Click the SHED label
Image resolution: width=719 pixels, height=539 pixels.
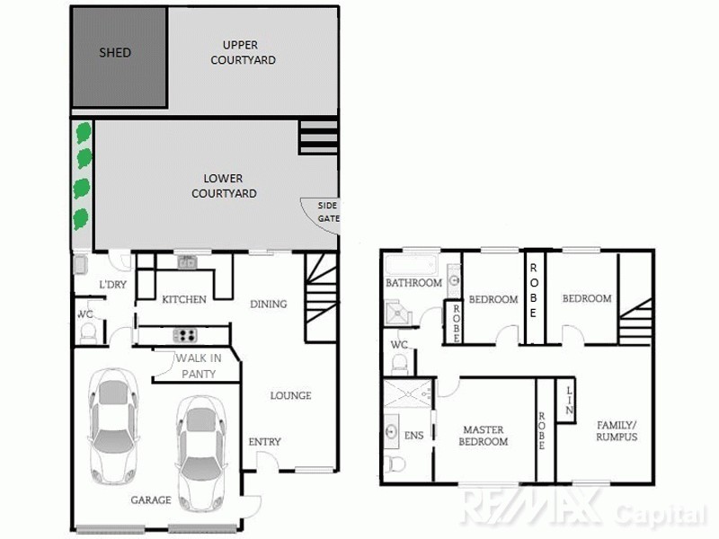coord(114,53)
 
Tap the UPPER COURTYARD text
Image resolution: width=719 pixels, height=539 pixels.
coord(243,53)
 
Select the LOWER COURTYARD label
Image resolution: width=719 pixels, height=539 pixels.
coord(224,186)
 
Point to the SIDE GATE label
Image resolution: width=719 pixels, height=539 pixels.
coord(328,212)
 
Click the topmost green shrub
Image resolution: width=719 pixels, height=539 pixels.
coord(84,132)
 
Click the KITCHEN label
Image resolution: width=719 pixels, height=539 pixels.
coord(183,299)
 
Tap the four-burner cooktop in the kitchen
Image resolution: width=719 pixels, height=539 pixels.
coord(185,335)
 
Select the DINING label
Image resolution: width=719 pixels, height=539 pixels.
coord(268,304)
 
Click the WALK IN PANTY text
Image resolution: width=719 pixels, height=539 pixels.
coord(198,367)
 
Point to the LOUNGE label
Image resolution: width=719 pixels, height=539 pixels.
coord(290,395)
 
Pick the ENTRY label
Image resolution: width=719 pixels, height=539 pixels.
coord(264,441)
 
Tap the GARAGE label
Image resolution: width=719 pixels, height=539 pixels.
coord(151,499)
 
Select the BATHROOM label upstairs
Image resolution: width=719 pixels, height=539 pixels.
coord(413,283)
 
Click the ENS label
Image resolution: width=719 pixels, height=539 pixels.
coord(413,436)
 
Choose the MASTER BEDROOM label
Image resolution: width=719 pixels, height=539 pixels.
coord(484,436)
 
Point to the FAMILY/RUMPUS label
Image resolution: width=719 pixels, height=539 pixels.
coord(616,430)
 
